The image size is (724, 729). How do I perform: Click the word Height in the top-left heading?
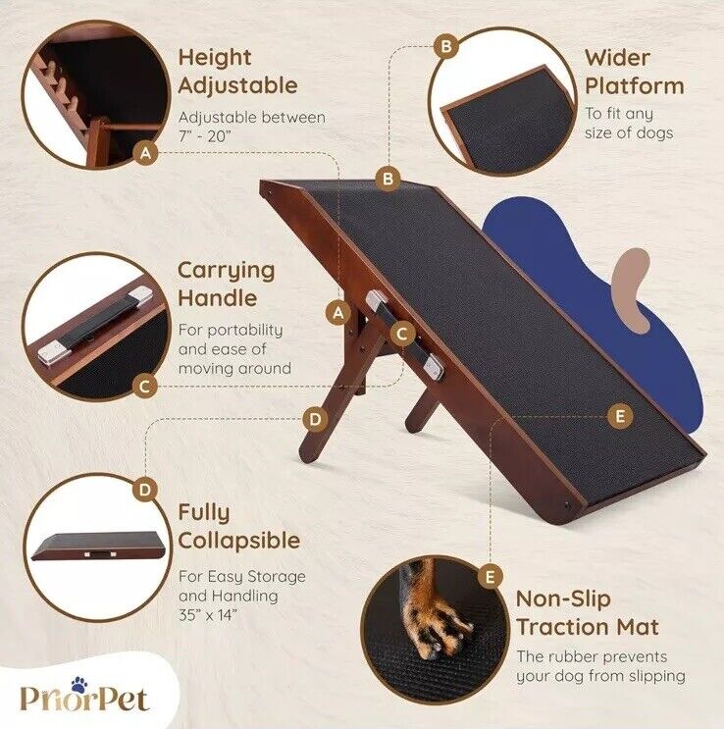pos(215,58)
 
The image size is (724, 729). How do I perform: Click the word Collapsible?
pos(239,541)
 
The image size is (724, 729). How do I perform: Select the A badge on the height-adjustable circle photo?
pos(146,153)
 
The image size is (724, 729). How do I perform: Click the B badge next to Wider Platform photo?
pos(446,46)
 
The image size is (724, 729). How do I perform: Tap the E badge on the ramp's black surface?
pos(619,417)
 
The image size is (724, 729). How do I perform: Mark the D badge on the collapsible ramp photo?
pos(144,489)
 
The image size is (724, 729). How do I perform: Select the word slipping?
pos(654,676)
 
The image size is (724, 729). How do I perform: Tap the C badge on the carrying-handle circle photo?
pos(144,387)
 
